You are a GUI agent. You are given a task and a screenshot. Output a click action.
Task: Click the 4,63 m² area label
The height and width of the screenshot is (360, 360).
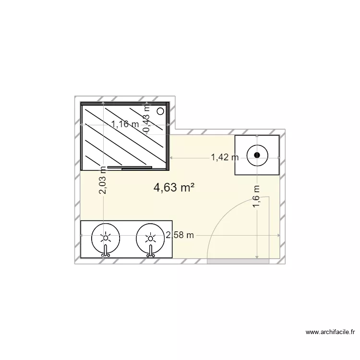click(x=174, y=188)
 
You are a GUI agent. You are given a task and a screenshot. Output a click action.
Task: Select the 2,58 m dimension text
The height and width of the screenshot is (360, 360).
click(x=180, y=235)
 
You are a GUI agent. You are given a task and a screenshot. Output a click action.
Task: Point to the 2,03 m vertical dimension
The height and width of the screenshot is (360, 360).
click(x=103, y=180)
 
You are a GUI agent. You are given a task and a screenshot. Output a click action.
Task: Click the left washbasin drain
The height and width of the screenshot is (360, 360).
click(x=105, y=238)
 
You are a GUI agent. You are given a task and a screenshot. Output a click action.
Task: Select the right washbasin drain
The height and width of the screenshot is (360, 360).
click(x=150, y=238)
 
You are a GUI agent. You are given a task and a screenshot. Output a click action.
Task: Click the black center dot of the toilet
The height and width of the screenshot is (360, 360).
click(x=257, y=155)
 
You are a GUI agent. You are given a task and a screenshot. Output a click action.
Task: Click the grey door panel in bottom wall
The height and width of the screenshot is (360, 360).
click(x=238, y=261)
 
